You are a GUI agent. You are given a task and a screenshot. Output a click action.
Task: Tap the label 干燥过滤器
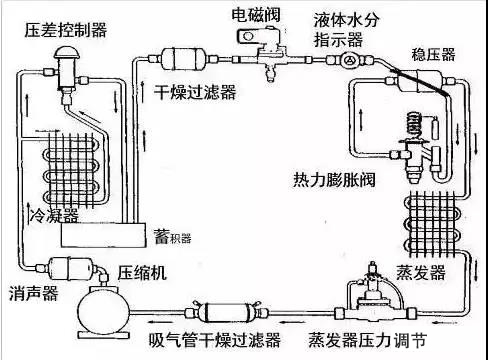tap(195, 92)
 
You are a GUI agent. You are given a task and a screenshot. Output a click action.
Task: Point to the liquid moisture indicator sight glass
tap(347, 59)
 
